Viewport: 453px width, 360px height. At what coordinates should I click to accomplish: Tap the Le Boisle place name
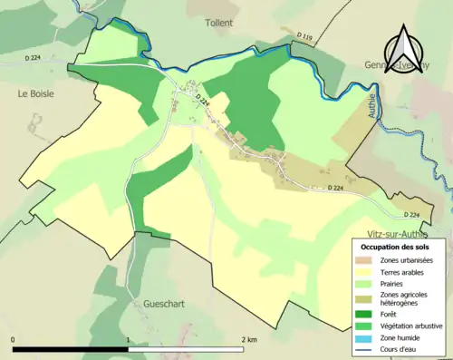pyautogui.click(x=35, y=93)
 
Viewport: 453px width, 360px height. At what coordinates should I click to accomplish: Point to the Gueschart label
pyautogui.click(x=164, y=304)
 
